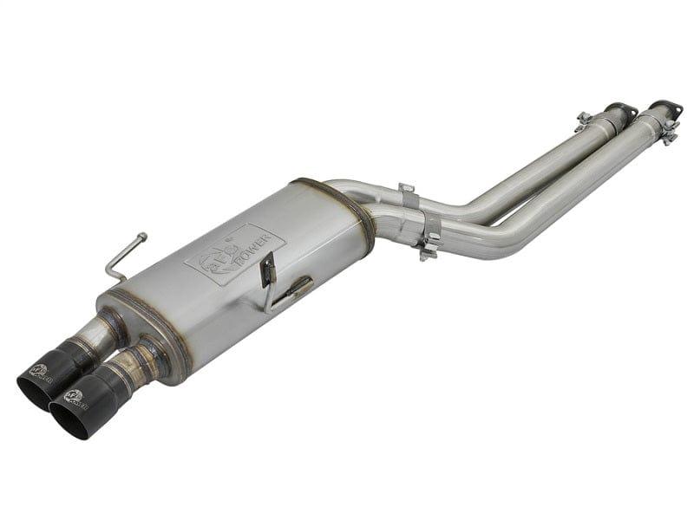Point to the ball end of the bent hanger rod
click(142, 235)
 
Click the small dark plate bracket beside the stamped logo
click(269, 270)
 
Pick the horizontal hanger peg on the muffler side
click(295, 286)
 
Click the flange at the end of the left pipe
click(621, 110)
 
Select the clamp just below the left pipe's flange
click(584, 122)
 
